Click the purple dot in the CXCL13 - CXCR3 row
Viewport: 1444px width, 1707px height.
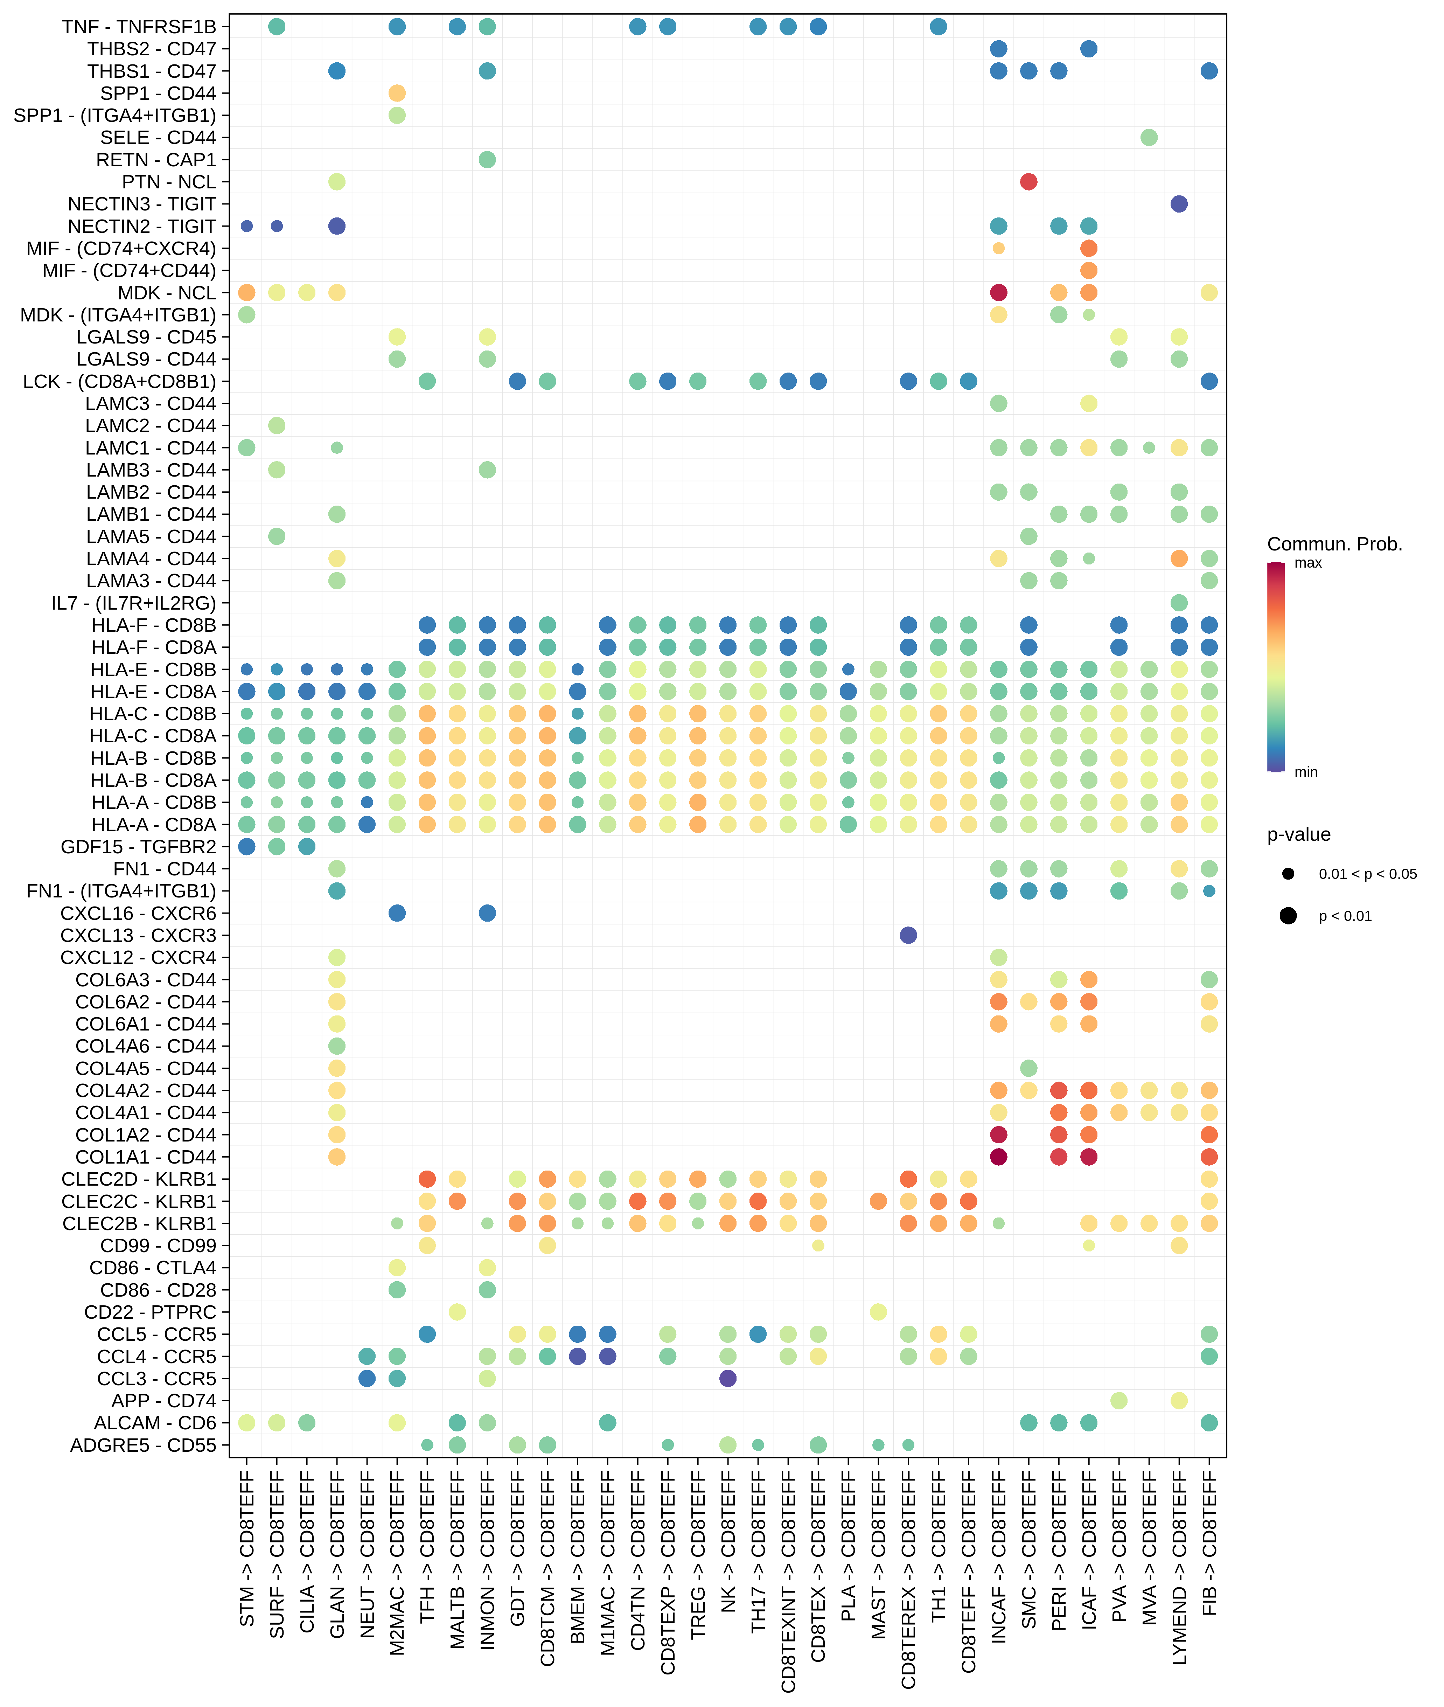tap(908, 935)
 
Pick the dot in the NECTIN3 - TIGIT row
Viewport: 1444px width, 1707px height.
tap(1179, 204)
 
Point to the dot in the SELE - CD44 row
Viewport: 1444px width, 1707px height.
tap(1149, 138)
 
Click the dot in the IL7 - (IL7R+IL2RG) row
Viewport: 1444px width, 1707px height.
tap(1179, 603)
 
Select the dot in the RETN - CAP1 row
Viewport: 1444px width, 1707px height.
tap(487, 160)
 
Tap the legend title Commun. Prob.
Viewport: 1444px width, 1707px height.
tap(1334, 544)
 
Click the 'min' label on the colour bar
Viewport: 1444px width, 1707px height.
tap(1306, 772)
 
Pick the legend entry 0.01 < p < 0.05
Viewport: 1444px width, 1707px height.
tap(1367, 874)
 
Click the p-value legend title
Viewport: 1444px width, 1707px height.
tap(1298, 835)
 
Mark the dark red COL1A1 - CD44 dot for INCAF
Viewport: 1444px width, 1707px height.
tap(998, 1157)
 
